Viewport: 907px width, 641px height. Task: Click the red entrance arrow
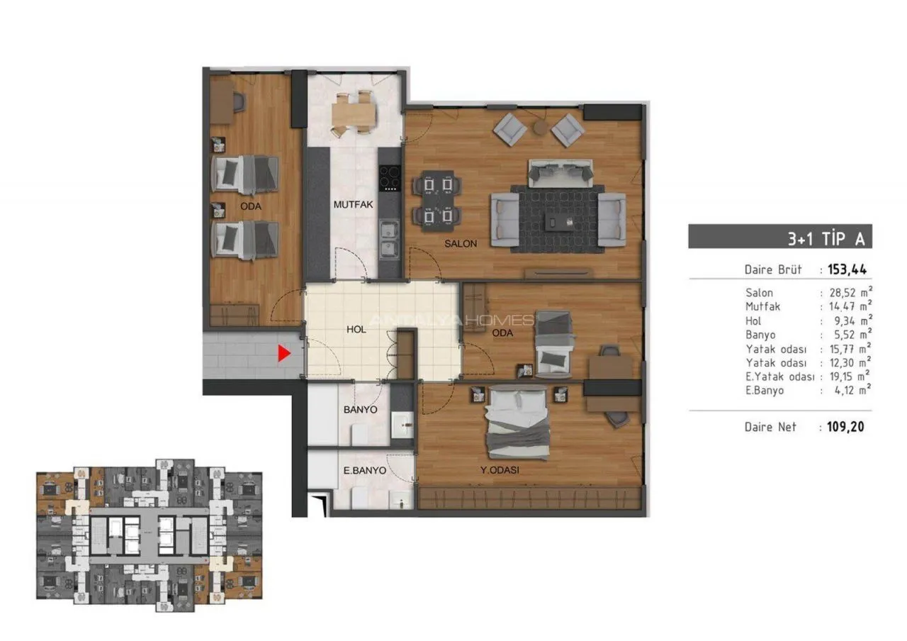[283, 353]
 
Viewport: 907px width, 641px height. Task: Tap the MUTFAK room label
[353, 205]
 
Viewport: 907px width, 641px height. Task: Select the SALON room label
[461, 243]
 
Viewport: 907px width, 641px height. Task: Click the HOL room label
[356, 330]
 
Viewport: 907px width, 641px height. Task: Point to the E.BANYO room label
[364, 470]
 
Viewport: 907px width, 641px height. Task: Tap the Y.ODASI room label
[500, 470]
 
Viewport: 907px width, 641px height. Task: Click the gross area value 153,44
[847, 269]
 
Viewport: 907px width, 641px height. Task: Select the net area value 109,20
[845, 427]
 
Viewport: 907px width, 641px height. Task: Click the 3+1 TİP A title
[826, 239]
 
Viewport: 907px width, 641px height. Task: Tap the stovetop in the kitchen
[390, 179]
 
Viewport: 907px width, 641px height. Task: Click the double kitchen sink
[389, 240]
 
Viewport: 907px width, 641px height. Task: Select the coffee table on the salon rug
[559, 222]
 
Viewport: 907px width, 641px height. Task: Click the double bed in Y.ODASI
[517, 423]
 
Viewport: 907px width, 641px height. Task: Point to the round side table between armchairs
[541, 128]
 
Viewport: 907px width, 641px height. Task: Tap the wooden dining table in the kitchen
[354, 113]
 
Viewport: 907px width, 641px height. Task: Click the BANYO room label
[361, 410]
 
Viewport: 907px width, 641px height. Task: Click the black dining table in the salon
[437, 201]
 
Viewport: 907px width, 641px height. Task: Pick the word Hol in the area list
[753, 321]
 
